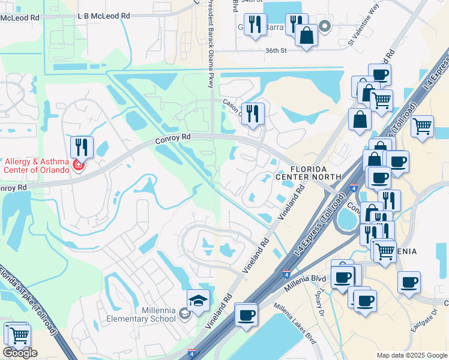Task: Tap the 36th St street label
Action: tap(277, 51)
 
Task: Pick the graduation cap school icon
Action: tap(198, 299)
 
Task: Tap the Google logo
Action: tap(20, 353)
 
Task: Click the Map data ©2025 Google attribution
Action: tap(411, 355)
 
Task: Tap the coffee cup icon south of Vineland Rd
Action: tap(246, 314)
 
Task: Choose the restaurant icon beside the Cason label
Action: tap(253, 113)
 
